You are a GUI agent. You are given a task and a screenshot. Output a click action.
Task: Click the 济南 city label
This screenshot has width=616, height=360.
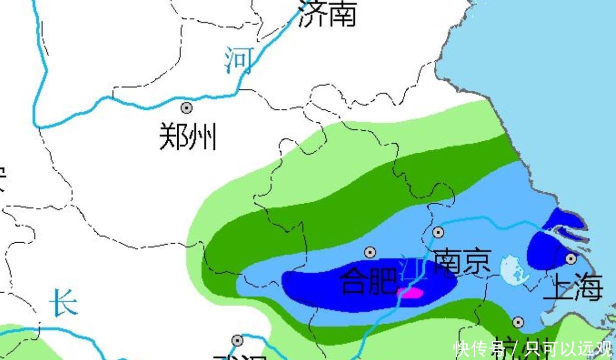click(327, 13)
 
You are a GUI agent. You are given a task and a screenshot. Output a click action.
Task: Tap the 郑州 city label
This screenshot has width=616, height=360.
click(188, 136)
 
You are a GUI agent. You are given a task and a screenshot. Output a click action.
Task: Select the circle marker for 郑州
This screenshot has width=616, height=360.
click(187, 107)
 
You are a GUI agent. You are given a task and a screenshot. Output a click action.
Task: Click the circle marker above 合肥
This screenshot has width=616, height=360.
click(370, 253)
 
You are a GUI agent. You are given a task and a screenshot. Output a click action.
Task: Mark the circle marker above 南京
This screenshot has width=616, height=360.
click(438, 232)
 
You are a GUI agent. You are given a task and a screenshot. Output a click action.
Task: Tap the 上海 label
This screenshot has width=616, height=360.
click(573, 288)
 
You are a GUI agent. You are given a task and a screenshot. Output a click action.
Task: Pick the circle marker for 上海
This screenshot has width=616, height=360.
click(571, 259)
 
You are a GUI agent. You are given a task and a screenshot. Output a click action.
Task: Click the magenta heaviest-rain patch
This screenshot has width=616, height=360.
click(411, 293)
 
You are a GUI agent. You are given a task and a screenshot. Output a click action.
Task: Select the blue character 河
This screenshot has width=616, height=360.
click(239, 60)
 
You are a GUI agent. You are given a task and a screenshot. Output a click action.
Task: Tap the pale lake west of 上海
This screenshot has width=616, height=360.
click(514, 269)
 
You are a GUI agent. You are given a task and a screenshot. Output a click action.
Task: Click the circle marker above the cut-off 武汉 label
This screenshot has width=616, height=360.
click(238, 341)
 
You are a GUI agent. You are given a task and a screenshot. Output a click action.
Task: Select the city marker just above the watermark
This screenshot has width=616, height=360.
click(518, 323)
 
